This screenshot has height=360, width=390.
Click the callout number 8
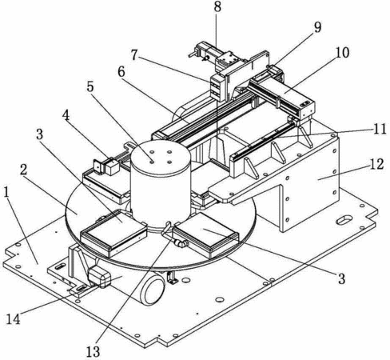(x=217, y=7)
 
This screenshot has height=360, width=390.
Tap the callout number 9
(x=317, y=27)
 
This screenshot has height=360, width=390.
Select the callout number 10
(x=342, y=53)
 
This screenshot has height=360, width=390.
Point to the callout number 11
(x=380, y=129)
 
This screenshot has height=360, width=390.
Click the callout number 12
(x=376, y=164)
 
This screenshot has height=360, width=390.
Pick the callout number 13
(x=93, y=351)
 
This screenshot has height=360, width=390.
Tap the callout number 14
(x=14, y=318)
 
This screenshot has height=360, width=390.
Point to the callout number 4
(x=66, y=116)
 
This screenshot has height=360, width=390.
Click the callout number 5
(x=90, y=86)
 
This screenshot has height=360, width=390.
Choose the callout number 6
(x=121, y=71)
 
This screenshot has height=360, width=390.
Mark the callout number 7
(x=134, y=55)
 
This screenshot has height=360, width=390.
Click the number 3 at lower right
(x=342, y=278)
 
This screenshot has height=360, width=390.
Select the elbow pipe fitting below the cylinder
(x=181, y=242)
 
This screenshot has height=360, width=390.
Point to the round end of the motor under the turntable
(x=154, y=290)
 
